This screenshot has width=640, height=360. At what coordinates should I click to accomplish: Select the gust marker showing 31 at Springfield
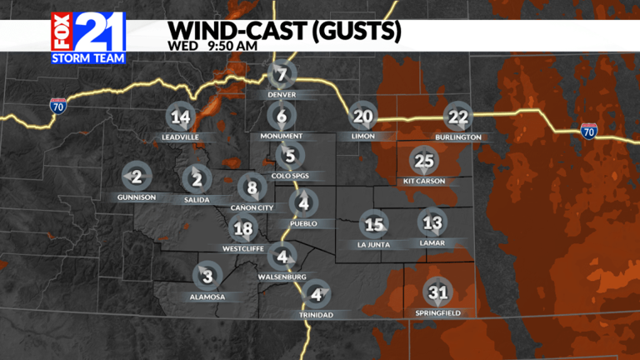437,292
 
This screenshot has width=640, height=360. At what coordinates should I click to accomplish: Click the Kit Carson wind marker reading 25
424,160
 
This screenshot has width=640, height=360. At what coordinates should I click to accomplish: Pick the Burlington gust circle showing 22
458,117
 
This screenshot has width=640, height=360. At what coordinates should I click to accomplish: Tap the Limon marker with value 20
362,117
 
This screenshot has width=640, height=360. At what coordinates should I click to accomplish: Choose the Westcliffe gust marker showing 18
243,228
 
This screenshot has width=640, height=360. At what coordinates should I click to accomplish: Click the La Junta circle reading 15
374,223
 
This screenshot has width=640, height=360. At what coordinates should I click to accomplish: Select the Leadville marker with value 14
179,117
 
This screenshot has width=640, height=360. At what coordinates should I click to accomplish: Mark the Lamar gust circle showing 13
432,222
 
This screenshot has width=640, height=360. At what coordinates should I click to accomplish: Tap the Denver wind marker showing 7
282,76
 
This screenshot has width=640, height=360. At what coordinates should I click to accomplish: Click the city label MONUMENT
282,136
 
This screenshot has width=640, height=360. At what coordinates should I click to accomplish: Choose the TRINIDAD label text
315,315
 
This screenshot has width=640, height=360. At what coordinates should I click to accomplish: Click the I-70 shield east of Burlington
588,130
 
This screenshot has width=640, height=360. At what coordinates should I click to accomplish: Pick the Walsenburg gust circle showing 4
286,257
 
